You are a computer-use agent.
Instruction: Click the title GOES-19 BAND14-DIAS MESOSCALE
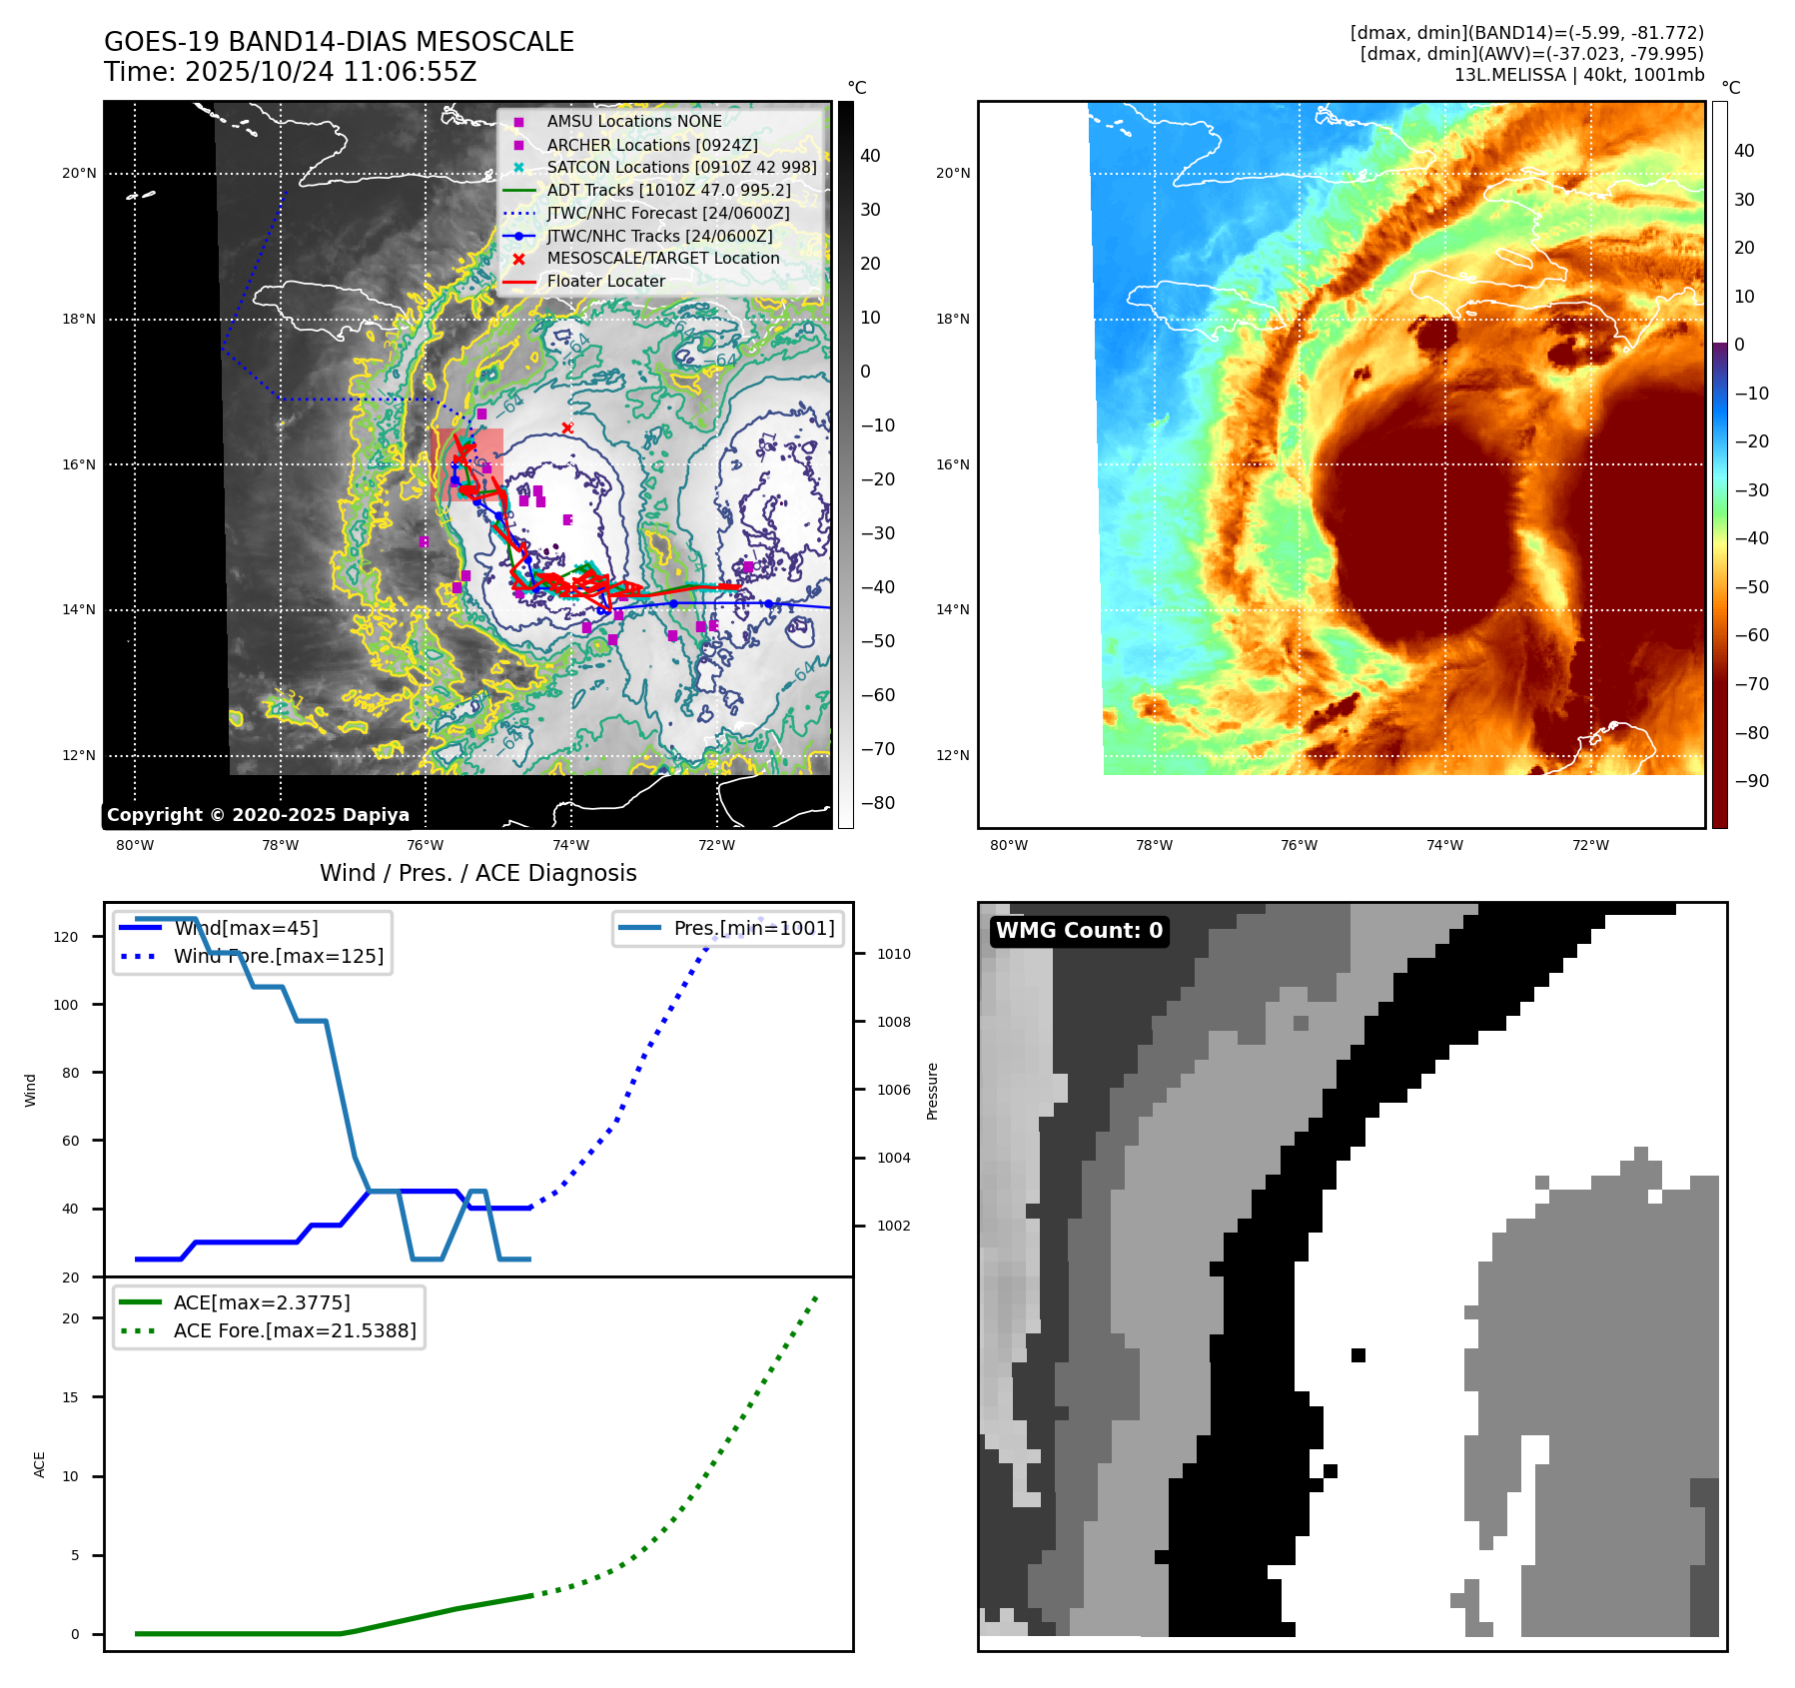[x=339, y=42]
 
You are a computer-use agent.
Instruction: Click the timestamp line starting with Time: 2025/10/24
[x=290, y=72]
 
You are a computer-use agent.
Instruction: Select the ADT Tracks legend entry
[x=668, y=190]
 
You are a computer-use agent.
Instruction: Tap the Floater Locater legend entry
[x=605, y=281]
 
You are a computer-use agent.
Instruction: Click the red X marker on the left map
[x=567, y=428]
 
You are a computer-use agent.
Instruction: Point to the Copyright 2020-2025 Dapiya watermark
[x=258, y=815]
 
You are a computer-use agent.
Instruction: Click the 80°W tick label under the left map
[x=135, y=846]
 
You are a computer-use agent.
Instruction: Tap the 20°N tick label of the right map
[x=952, y=173]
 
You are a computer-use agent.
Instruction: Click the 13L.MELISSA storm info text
[x=1578, y=75]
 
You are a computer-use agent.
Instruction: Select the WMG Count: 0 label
[x=1079, y=931]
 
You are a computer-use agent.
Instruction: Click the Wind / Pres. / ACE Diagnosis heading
[x=477, y=873]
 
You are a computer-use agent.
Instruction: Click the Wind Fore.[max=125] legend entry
[x=278, y=956]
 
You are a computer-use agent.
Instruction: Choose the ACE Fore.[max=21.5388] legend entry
[x=295, y=1330]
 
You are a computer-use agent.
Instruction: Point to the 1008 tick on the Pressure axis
[x=893, y=1022]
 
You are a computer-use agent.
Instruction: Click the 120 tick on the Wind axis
[x=66, y=937]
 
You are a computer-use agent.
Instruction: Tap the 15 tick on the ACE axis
[x=70, y=1397]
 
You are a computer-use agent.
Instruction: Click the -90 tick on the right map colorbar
[x=1751, y=781]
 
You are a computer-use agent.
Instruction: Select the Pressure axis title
[x=932, y=1091]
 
